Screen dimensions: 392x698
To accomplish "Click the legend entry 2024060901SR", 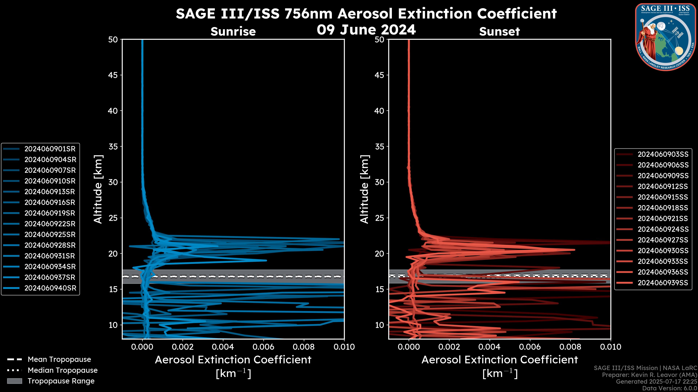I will (x=50, y=149).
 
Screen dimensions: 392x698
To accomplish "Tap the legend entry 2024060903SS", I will (x=663, y=154).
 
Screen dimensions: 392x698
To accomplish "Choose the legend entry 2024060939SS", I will (x=663, y=283).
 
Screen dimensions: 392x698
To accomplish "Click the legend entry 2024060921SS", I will (x=663, y=218).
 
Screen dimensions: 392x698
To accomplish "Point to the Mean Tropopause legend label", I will (x=59, y=359).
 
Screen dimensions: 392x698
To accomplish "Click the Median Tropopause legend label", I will (x=62, y=370).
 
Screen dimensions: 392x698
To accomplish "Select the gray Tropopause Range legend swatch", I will (x=15, y=381).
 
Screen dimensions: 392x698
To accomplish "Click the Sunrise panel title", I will (x=233, y=31).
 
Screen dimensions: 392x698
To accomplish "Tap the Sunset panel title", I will (x=499, y=31).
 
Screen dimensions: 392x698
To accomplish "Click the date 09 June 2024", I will (x=366, y=29).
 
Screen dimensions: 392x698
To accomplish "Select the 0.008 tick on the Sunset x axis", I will (x=570, y=347).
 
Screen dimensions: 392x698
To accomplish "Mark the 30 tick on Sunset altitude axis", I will (x=379, y=182).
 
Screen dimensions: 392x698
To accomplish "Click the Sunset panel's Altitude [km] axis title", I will (x=364, y=189).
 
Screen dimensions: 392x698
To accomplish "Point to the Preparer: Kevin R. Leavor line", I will (x=649, y=375).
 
